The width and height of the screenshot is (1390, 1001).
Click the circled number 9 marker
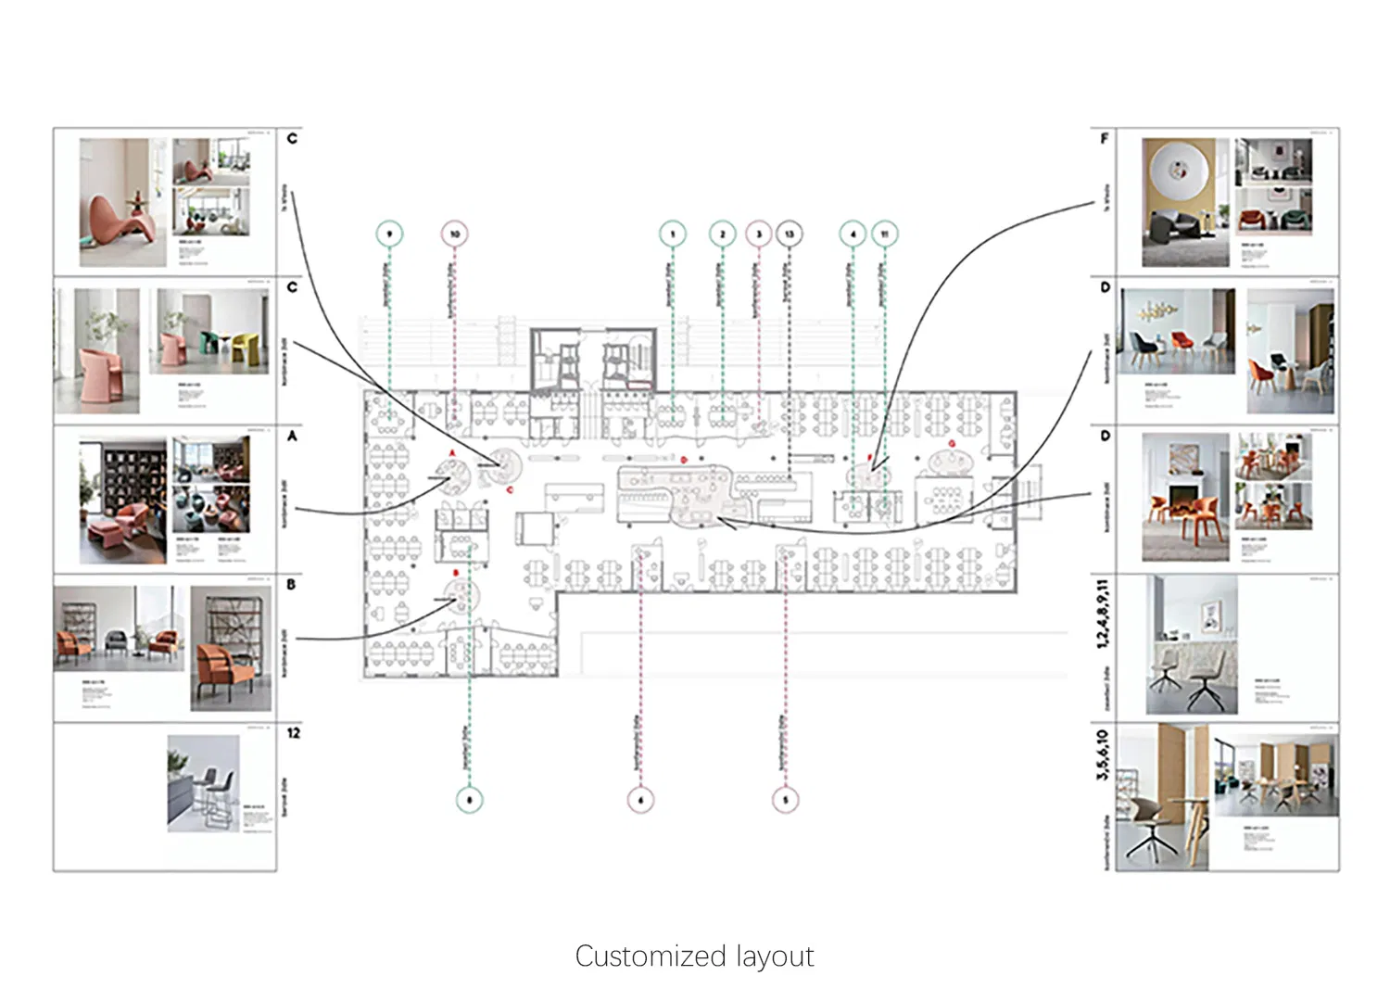(x=390, y=234)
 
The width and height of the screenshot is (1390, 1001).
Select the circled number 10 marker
(x=454, y=234)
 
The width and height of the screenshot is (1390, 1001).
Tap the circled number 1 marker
(x=673, y=234)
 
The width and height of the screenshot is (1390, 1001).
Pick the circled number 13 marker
(x=789, y=234)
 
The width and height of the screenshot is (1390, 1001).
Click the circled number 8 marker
(x=469, y=799)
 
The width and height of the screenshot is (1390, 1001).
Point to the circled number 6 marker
(x=640, y=799)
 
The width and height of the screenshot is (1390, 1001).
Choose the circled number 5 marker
(x=785, y=799)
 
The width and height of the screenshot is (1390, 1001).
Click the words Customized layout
(x=694, y=956)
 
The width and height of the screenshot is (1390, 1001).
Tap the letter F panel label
(x=1104, y=139)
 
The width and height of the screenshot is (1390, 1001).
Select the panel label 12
(x=293, y=733)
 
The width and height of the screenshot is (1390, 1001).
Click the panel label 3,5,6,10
(x=1102, y=754)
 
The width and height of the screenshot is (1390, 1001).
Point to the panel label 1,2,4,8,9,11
(x=1102, y=613)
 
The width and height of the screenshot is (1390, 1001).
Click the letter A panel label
(x=292, y=436)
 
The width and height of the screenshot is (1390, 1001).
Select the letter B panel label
(x=291, y=585)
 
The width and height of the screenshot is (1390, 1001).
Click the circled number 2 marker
(x=722, y=234)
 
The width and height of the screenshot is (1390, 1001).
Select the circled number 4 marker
(x=853, y=234)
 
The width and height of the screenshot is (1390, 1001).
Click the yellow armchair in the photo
(x=244, y=347)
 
